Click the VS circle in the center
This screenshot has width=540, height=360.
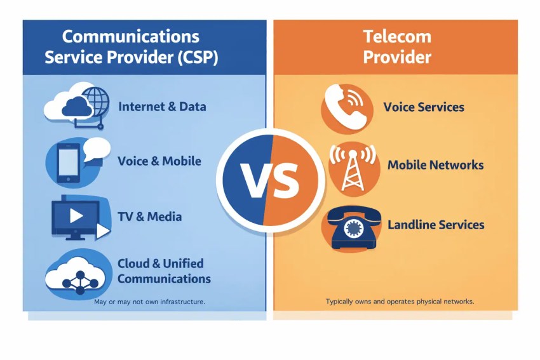(271, 180)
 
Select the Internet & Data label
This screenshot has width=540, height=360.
(162, 107)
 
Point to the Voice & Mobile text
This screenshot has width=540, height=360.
(159, 161)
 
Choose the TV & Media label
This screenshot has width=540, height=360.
(149, 217)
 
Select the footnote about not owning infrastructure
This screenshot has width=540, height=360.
(149, 302)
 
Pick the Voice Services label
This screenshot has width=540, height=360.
(424, 107)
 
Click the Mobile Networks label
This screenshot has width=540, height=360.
(435, 165)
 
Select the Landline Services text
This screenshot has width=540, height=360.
(436, 225)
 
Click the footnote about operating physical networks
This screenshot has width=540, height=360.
(400, 302)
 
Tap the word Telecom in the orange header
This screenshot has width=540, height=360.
(396, 36)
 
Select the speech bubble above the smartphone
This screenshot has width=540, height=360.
(97, 149)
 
